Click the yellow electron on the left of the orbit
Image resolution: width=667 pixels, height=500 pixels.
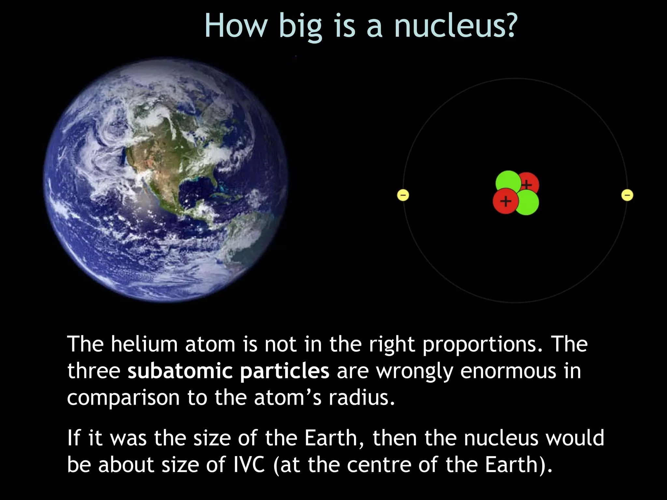(403, 195)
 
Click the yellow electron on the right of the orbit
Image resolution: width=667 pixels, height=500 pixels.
(627, 195)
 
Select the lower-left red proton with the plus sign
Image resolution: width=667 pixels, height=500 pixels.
(505, 201)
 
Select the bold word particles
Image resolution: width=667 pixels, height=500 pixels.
(284, 372)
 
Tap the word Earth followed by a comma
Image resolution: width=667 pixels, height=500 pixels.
(332, 438)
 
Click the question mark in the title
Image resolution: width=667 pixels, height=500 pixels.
(508, 26)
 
